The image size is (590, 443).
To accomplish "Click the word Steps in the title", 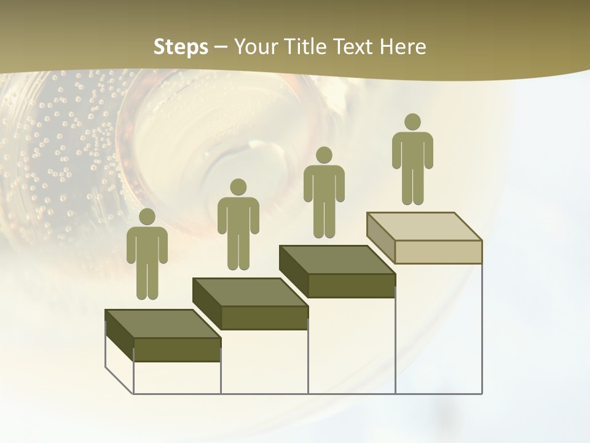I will [x=181, y=47].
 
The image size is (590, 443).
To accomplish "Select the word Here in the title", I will [x=403, y=47].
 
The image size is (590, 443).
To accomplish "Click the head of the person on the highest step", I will [x=412, y=122].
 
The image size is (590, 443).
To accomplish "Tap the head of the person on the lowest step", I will [x=147, y=217].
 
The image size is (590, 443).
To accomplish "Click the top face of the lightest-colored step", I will [x=424, y=226].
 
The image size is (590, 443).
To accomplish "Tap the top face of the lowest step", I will [x=163, y=324].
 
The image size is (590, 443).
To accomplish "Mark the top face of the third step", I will [x=337, y=260].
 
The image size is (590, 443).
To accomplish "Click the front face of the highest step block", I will [x=438, y=252].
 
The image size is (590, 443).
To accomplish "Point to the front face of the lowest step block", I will [x=177, y=349].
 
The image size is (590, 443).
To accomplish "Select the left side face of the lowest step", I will [x=119, y=335].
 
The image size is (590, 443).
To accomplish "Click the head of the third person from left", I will [x=324, y=154].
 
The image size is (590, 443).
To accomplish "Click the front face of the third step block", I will [x=352, y=285].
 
